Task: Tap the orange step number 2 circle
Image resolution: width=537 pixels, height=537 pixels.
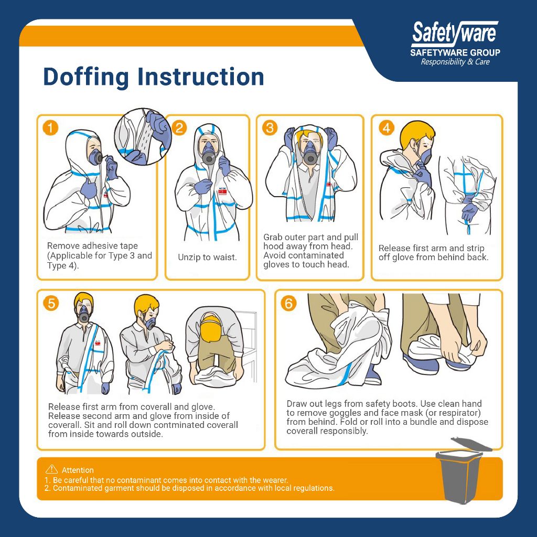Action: tap(179, 128)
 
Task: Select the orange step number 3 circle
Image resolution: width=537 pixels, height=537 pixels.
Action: tap(270, 128)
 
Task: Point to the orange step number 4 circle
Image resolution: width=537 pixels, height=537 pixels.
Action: tap(386, 128)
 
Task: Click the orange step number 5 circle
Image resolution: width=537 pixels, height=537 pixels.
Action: tap(51, 303)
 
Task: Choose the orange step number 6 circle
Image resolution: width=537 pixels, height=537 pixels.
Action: tap(288, 303)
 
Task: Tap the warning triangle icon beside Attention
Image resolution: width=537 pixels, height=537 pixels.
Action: tap(51, 469)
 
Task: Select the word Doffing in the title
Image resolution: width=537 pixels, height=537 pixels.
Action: tap(85, 77)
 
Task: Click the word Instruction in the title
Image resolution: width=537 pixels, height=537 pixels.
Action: tap(201, 77)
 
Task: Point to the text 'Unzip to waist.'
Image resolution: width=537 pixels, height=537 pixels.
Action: tap(207, 257)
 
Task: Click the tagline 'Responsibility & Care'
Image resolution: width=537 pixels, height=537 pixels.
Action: tap(455, 62)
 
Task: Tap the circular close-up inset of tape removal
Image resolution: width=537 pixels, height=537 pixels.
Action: tap(142, 137)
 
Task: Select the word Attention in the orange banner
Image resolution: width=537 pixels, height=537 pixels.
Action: tap(78, 470)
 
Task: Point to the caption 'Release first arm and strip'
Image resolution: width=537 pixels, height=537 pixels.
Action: tap(431, 248)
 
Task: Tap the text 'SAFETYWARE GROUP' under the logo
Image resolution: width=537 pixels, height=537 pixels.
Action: tap(455, 52)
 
